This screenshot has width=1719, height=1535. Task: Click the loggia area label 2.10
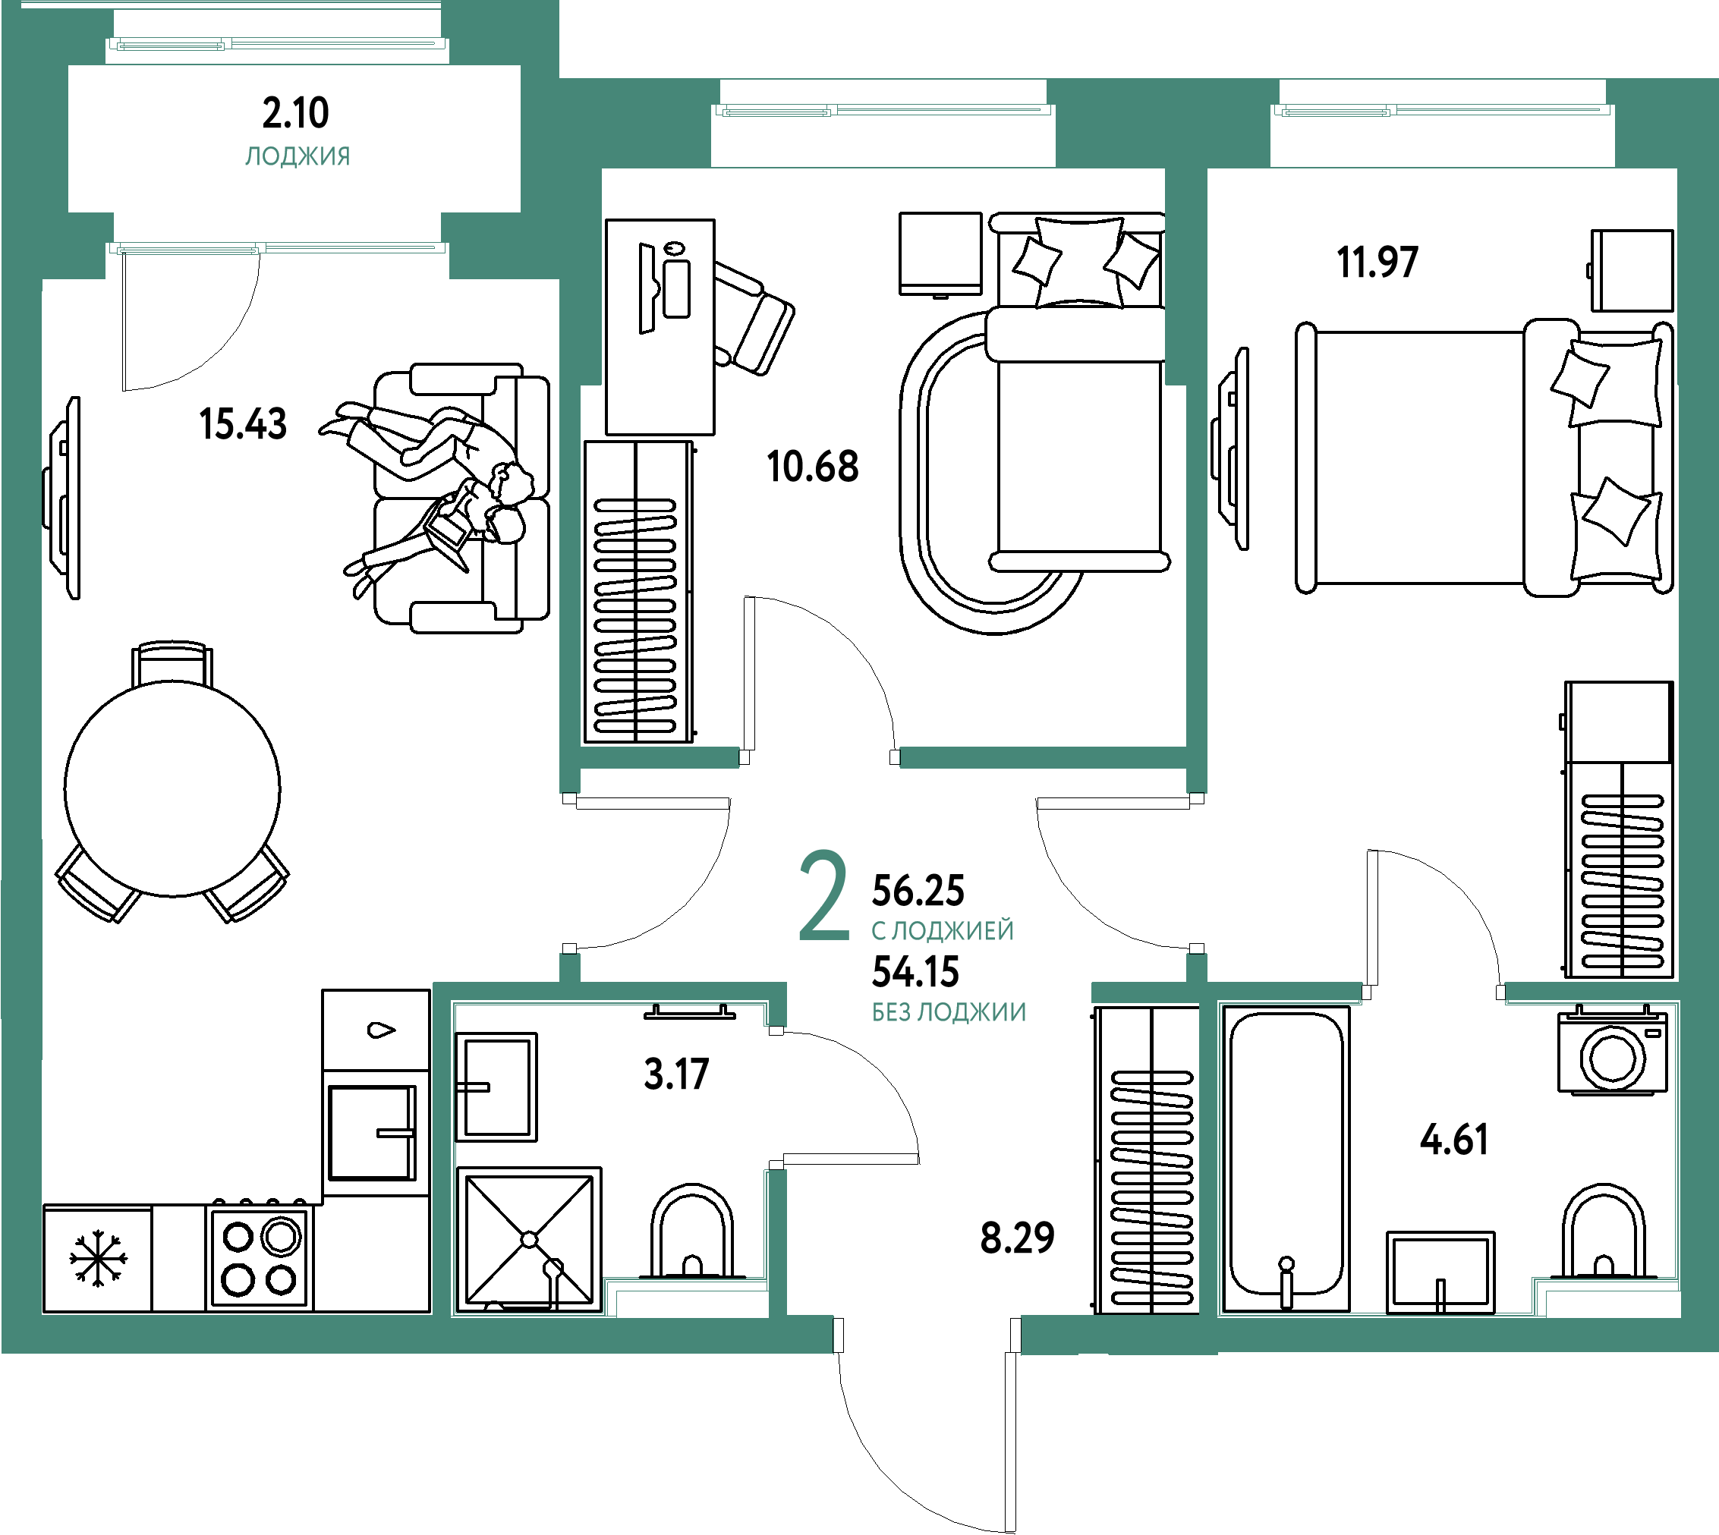coord(295,113)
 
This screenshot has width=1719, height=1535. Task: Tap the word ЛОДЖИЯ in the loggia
coord(298,157)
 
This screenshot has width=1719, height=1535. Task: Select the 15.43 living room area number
coord(243,423)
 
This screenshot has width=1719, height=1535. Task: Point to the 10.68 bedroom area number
coord(812,467)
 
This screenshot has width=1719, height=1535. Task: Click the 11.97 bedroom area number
coord(1377,262)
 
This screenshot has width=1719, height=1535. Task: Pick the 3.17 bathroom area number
coord(676,1074)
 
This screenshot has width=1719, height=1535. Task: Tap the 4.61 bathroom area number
coord(1454,1140)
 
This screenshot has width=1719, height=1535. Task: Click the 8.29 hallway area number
coord(1017,1238)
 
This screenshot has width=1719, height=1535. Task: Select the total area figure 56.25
coord(918,890)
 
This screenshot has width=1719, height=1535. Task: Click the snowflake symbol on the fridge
coord(99,1258)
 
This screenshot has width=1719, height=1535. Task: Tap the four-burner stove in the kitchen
coord(260,1257)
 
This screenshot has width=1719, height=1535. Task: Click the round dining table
coord(172,788)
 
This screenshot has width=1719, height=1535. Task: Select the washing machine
coord(1613,1052)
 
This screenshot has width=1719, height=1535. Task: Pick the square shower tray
coord(529,1240)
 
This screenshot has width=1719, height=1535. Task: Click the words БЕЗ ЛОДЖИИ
coord(949,1012)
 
